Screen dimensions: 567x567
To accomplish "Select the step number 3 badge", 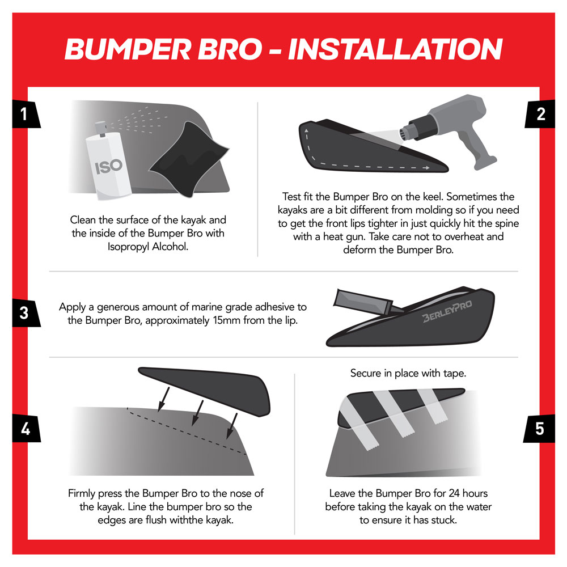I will (23, 313).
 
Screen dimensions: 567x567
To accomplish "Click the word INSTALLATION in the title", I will (395, 49).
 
